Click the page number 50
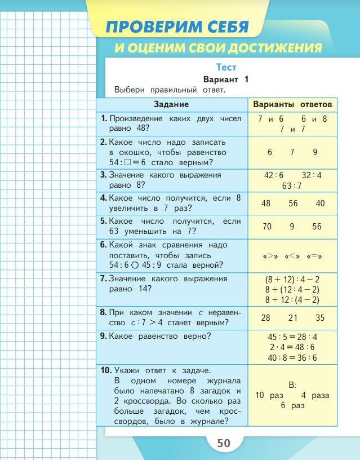[x=224, y=443]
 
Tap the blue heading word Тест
[x=229, y=67]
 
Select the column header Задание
[x=171, y=104]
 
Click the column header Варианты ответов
[x=292, y=104]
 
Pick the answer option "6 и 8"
[x=314, y=119]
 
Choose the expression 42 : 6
[x=274, y=175]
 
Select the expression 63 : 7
[x=292, y=185]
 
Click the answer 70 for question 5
[x=267, y=226]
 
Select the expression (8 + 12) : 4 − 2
[x=292, y=279]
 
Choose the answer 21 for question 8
[x=292, y=318]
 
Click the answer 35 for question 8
[x=320, y=318]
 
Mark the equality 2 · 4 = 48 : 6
[x=292, y=347]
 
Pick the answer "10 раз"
[x=269, y=395]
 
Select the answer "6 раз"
[x=292, y=405]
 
